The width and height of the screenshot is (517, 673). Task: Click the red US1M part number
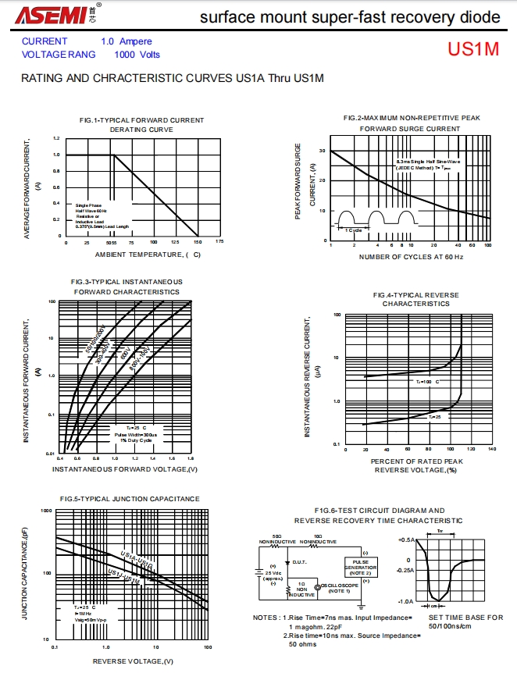click(x=472, y=49)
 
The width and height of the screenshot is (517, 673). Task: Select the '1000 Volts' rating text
click(x=137, y=55)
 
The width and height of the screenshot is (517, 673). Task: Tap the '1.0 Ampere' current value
click(x=127, y=41)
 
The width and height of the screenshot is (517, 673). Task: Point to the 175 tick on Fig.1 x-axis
click(x=219, y=243)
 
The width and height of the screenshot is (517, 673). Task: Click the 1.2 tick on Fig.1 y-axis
click(x=56, y=138)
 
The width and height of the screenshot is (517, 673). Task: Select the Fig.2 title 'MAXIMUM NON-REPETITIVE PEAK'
click(x=412, y=118)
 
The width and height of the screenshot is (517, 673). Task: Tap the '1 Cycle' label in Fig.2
click(x=352, y=230)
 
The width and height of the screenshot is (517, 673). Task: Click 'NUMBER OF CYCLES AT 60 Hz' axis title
click(x=411, y=257)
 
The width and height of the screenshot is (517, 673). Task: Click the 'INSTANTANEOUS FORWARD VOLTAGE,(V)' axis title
click(x=125, y=469)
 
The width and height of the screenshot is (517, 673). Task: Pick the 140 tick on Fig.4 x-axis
click(x=491, y=449)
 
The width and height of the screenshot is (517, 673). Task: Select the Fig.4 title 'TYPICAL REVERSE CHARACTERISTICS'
click(x=415, y=299)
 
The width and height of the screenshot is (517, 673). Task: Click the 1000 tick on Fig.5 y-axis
click(x=46, y=510)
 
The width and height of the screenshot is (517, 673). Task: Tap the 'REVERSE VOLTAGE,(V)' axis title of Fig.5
click(x=134, y=661)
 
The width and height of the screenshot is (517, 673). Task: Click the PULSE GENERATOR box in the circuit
click(x=360, y=568)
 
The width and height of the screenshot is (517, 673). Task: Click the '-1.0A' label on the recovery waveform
click(x=405, y=602)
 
